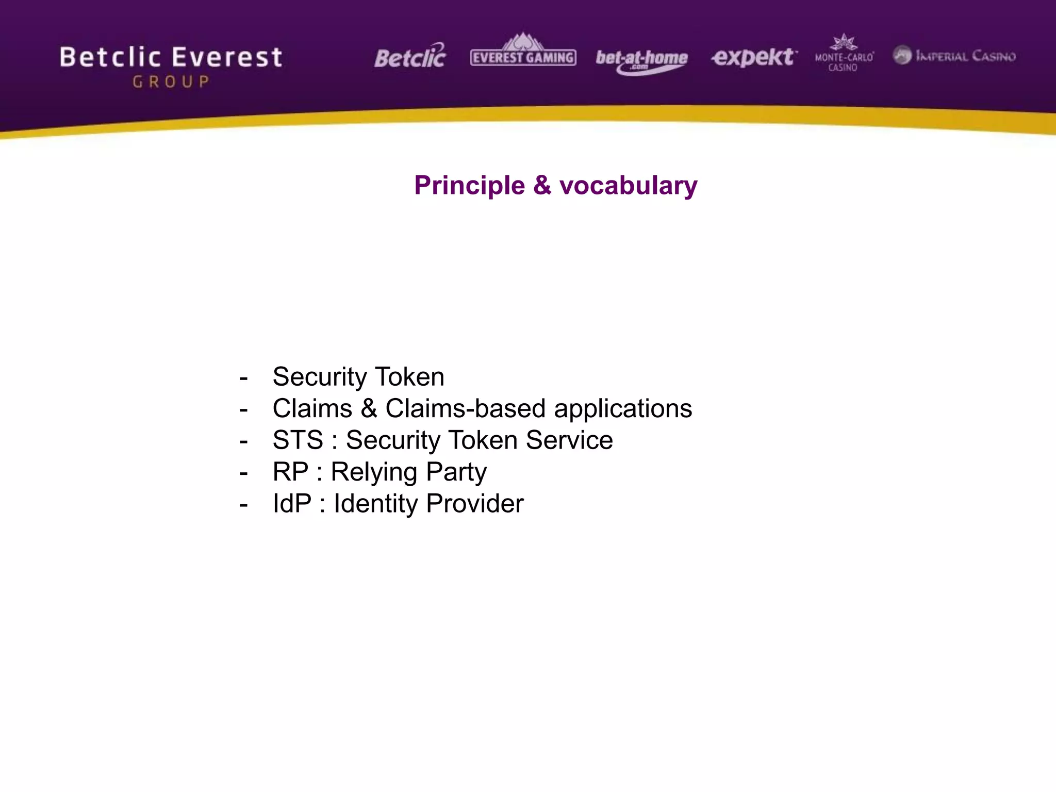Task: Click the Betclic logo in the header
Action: pyautogui.click(x=410, y=57)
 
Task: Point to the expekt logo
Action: pyautogui.click(x=753, y=57)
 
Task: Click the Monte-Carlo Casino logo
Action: pyautogui.click(x=844, y=54)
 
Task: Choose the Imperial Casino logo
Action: pyautogui.click(x=954, y=56)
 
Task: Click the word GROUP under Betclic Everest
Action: pyautogui.click(x=171, y=82)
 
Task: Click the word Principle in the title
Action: pyautogui.click(x=469, y=186)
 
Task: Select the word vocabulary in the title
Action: pyautogui.click(x=628, y=186)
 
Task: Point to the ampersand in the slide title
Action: pyautogui.click(x=542, y=185)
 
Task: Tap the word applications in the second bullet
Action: pyautogui.click(x=623, y=409)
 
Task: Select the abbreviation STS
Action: pyautogui.click(x=298, y=440)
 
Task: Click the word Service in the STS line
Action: pyautogui.click(x=569, y=440)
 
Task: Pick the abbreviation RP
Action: pyautogui.click(x=290, y=472)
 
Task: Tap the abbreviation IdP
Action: pyautogui.click(x=292, y=504)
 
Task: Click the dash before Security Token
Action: pyautogui.click(x=243, y=378)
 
